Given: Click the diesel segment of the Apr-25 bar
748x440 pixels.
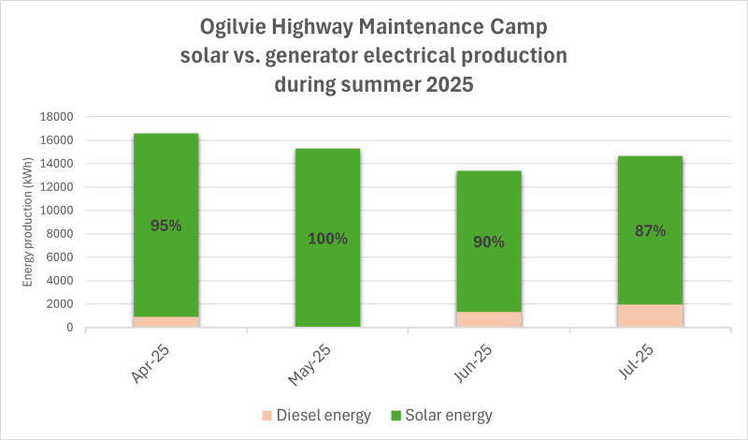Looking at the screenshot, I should pyautogui.click(x=166, y=322).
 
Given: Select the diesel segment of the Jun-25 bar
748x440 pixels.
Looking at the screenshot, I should pyautogui.click(x=489, y=319).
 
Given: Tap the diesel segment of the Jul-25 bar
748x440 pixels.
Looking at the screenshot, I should pyautogui.click(x=650, y=315).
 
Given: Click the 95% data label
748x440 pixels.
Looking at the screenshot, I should pyautogui.click(x=166, y=226).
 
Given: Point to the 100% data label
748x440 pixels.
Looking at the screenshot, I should pyautogui.click(x=327, y=239).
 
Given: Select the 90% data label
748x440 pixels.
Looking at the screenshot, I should pyautogui.click(x=489, y=242).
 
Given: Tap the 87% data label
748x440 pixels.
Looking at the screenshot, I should pyautogui.click(x=650, y=230).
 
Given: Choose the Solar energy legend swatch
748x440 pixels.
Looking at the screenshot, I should pyautogui.click(x=396, y=415).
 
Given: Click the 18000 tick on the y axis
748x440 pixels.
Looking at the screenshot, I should pyautogui.click(x=57, y=117).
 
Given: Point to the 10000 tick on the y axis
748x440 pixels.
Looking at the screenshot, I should pyautogui.click(x=57, y=211).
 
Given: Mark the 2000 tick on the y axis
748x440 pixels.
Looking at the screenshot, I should pyautogui.click(x=60, y=304).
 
